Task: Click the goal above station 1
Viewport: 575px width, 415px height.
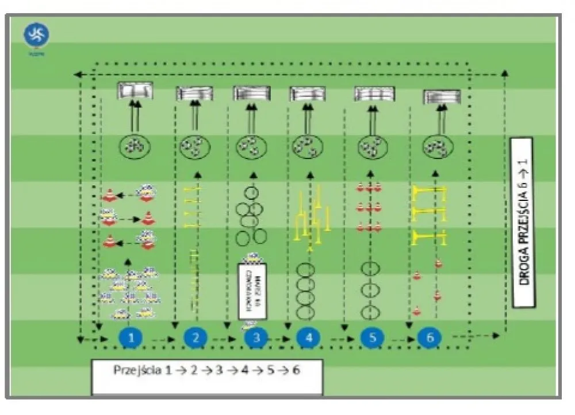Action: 136,91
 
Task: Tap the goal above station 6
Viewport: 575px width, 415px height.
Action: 442,96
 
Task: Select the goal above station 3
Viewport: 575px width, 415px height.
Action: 252,92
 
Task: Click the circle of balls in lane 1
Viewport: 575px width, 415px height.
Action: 136,146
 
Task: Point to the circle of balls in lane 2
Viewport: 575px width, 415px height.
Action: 195,148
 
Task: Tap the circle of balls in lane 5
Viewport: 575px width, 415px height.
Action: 371,148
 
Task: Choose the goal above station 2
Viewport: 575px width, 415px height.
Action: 194,92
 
